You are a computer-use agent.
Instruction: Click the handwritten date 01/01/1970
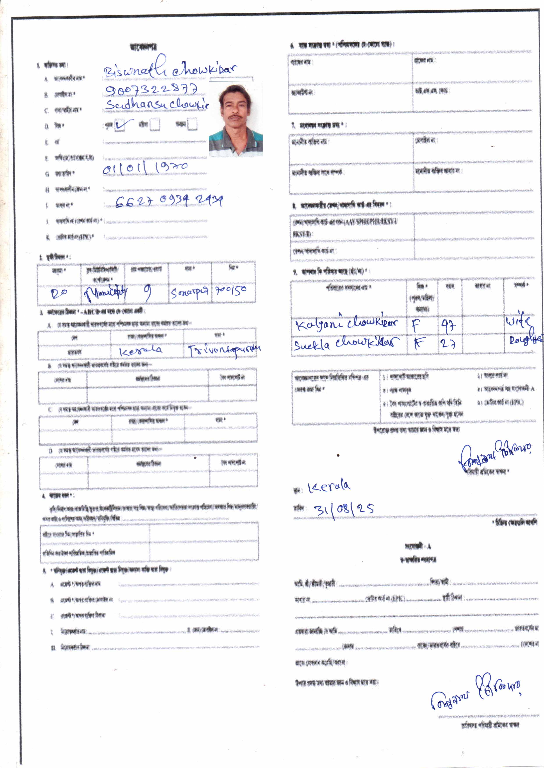pyautogui.click(x=145, y=168)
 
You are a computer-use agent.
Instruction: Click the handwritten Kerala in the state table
pyautogui.click(x=141, y=350)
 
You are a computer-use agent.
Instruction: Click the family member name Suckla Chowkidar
pyautogui.click(x=346, y=343)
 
